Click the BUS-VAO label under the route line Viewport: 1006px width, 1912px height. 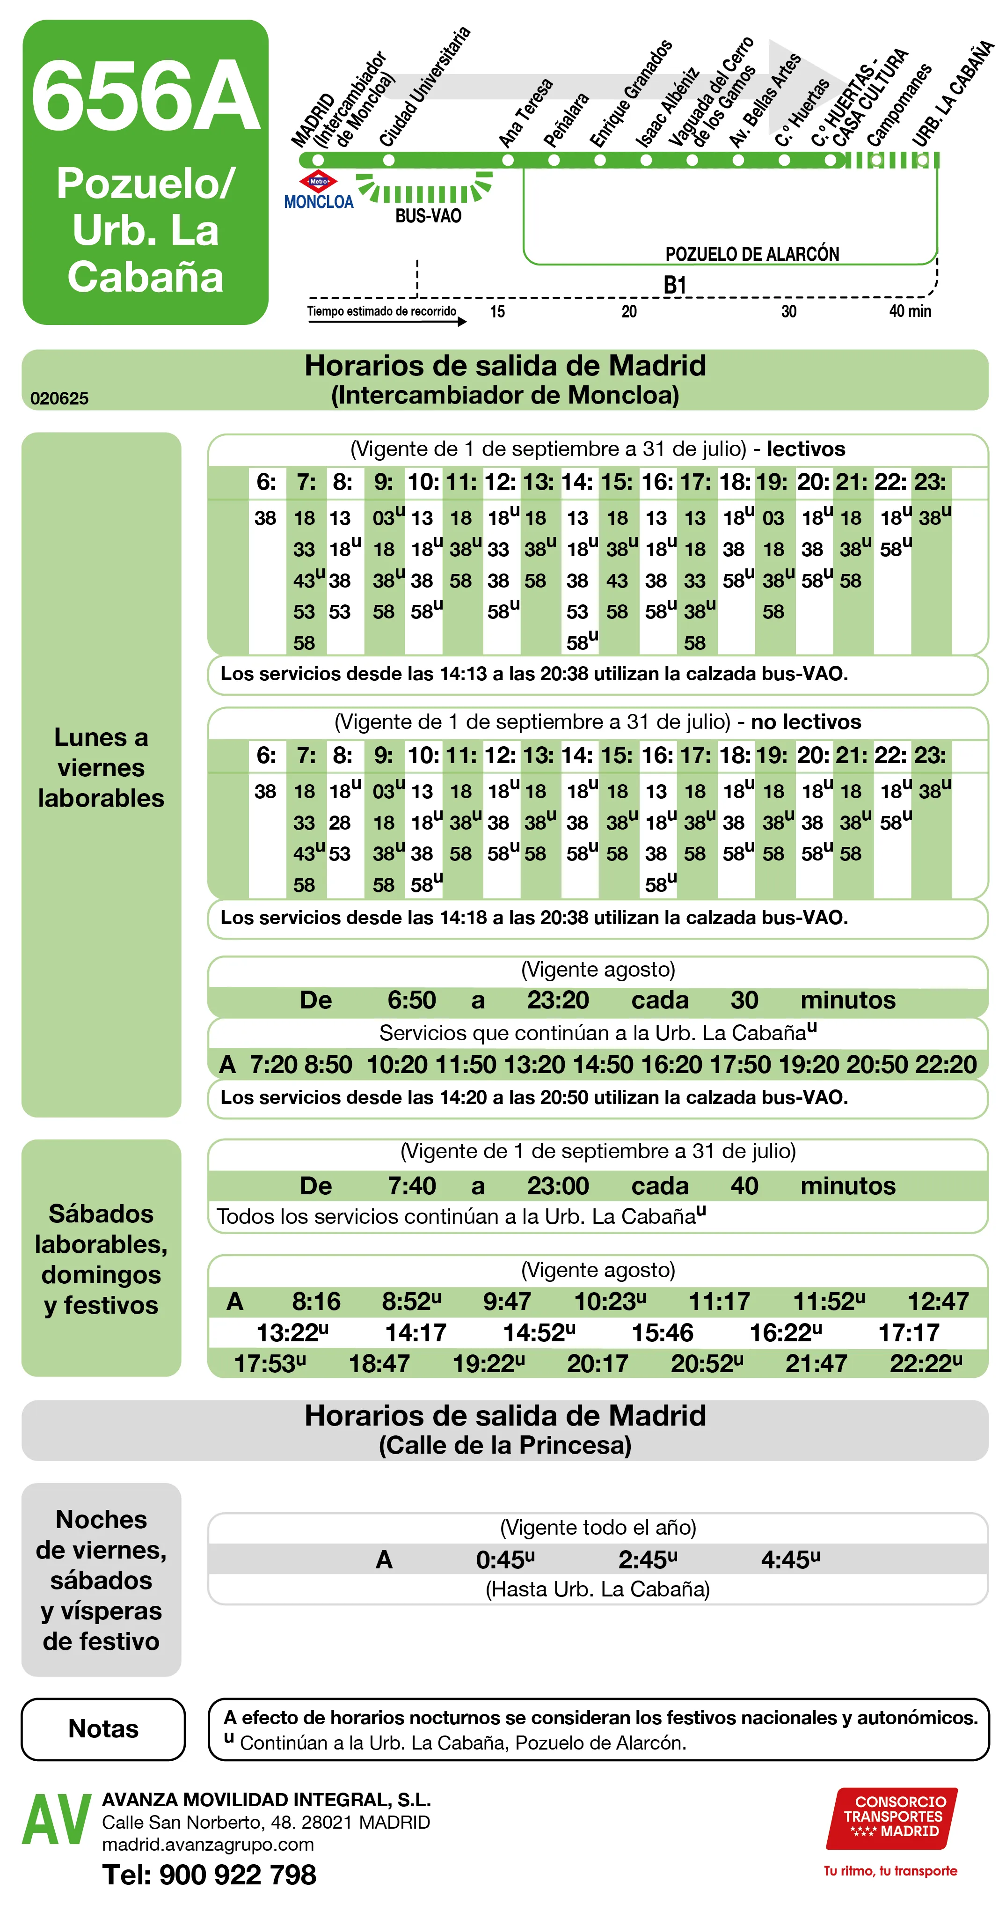coord(428,216)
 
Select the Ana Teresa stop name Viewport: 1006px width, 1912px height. coord(525,113)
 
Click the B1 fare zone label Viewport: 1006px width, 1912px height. coord(674,285)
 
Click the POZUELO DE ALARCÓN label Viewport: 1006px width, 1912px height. coord(751,254)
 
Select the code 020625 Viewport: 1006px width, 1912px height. coord(59,398)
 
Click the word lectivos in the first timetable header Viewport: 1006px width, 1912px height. coord(806,449)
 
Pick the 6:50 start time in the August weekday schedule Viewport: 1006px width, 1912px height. coord(412,1000)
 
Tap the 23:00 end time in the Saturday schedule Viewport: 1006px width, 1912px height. coord(558,1185)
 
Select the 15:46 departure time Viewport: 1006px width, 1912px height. coord(662,1332)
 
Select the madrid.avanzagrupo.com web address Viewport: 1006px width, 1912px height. coord(208,1845)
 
